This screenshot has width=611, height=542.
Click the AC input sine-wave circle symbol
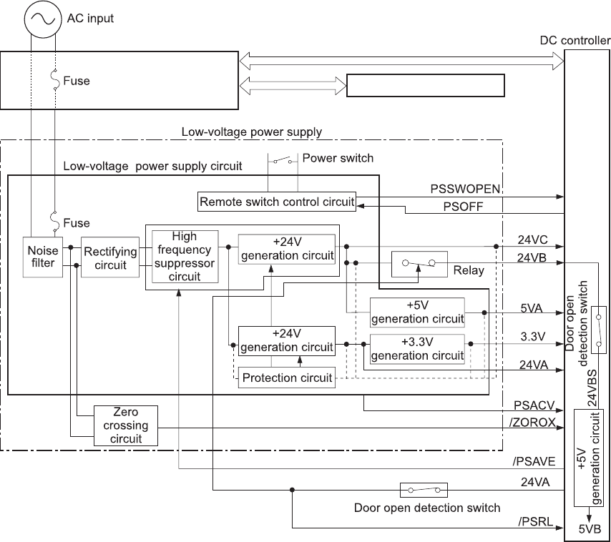coord(41,19)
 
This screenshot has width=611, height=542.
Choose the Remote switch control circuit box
coord(277,202)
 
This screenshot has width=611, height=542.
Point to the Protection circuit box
coord(286,378)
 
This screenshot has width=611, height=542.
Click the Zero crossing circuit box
coord(126,425)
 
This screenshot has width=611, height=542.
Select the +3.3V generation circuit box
coord(417,348)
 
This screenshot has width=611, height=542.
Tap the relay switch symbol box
coord(419,265)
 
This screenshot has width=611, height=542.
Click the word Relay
coord(469,270)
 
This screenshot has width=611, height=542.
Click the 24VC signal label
coord(532,240)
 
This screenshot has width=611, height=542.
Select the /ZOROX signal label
coord(532,422)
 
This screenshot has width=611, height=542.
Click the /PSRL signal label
coord(535,522)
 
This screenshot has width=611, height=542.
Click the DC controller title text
coord(575,41)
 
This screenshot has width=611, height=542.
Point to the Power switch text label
coord(338,157)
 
